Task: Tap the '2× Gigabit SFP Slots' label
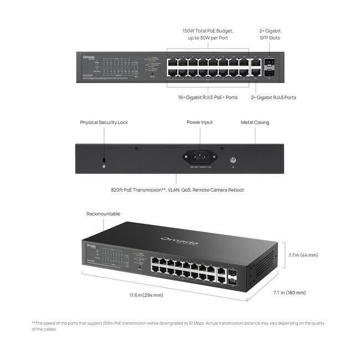click(270, 34)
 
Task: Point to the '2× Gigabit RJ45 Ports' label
click(274, 97)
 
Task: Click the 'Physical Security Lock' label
click(104, 122)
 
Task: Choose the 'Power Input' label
click(199, 122)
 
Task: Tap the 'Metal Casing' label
click(255, 122)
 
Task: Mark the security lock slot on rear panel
click(104, 160)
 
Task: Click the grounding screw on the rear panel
click(233, 159)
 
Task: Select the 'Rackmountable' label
click(103, 214)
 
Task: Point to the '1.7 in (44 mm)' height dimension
click(304, 255)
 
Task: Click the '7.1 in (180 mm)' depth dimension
click(289, 292)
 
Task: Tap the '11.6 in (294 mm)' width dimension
click(146, 295)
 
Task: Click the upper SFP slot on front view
click(269, 63)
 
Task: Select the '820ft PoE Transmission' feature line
click(177, 190)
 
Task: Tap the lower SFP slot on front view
click(269, 73)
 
